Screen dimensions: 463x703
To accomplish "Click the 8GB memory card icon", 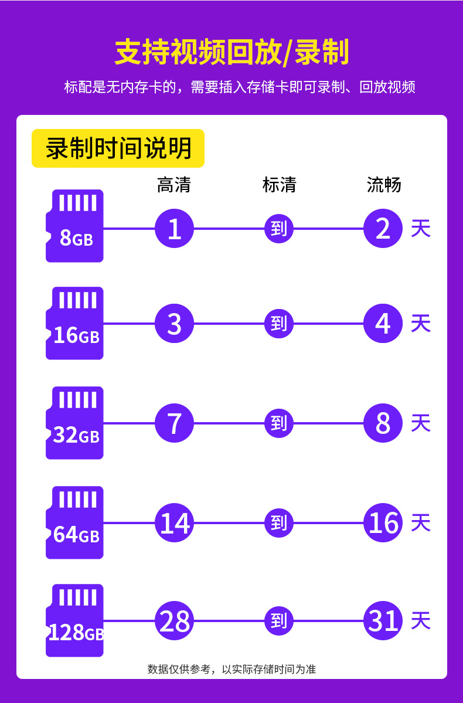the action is tap(75, 226).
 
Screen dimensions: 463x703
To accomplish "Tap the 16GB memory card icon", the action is tap(75, 323).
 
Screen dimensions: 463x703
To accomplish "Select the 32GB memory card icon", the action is tap(75, 423).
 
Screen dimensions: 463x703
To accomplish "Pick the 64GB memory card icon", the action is tap(75, 522).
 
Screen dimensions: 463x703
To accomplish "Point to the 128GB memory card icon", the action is tap(75, 620).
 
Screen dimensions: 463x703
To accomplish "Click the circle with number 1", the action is tap(174, 229).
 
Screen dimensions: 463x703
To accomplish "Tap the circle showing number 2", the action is tap(383, 229).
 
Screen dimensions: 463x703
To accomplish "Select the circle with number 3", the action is tap(174, 324).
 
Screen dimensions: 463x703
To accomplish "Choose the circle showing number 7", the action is tap(174, 423).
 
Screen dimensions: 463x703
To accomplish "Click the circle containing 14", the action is tap(174, 523).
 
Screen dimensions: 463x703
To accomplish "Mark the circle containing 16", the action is tap(383, 523).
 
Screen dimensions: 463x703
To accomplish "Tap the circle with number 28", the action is tap(174, 621).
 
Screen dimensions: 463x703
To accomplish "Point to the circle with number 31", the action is tap(383, 621).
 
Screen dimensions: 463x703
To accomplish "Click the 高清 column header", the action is tap(174, 185).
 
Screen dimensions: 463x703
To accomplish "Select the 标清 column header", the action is tap(279, 185).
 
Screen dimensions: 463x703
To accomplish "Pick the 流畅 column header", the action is tap(384, 185).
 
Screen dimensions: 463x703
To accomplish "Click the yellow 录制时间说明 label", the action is tap(118, 148).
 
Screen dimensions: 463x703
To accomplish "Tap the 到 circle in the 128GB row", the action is tap(279, 621).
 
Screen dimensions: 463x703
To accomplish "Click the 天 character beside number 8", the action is tap(421, 423).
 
